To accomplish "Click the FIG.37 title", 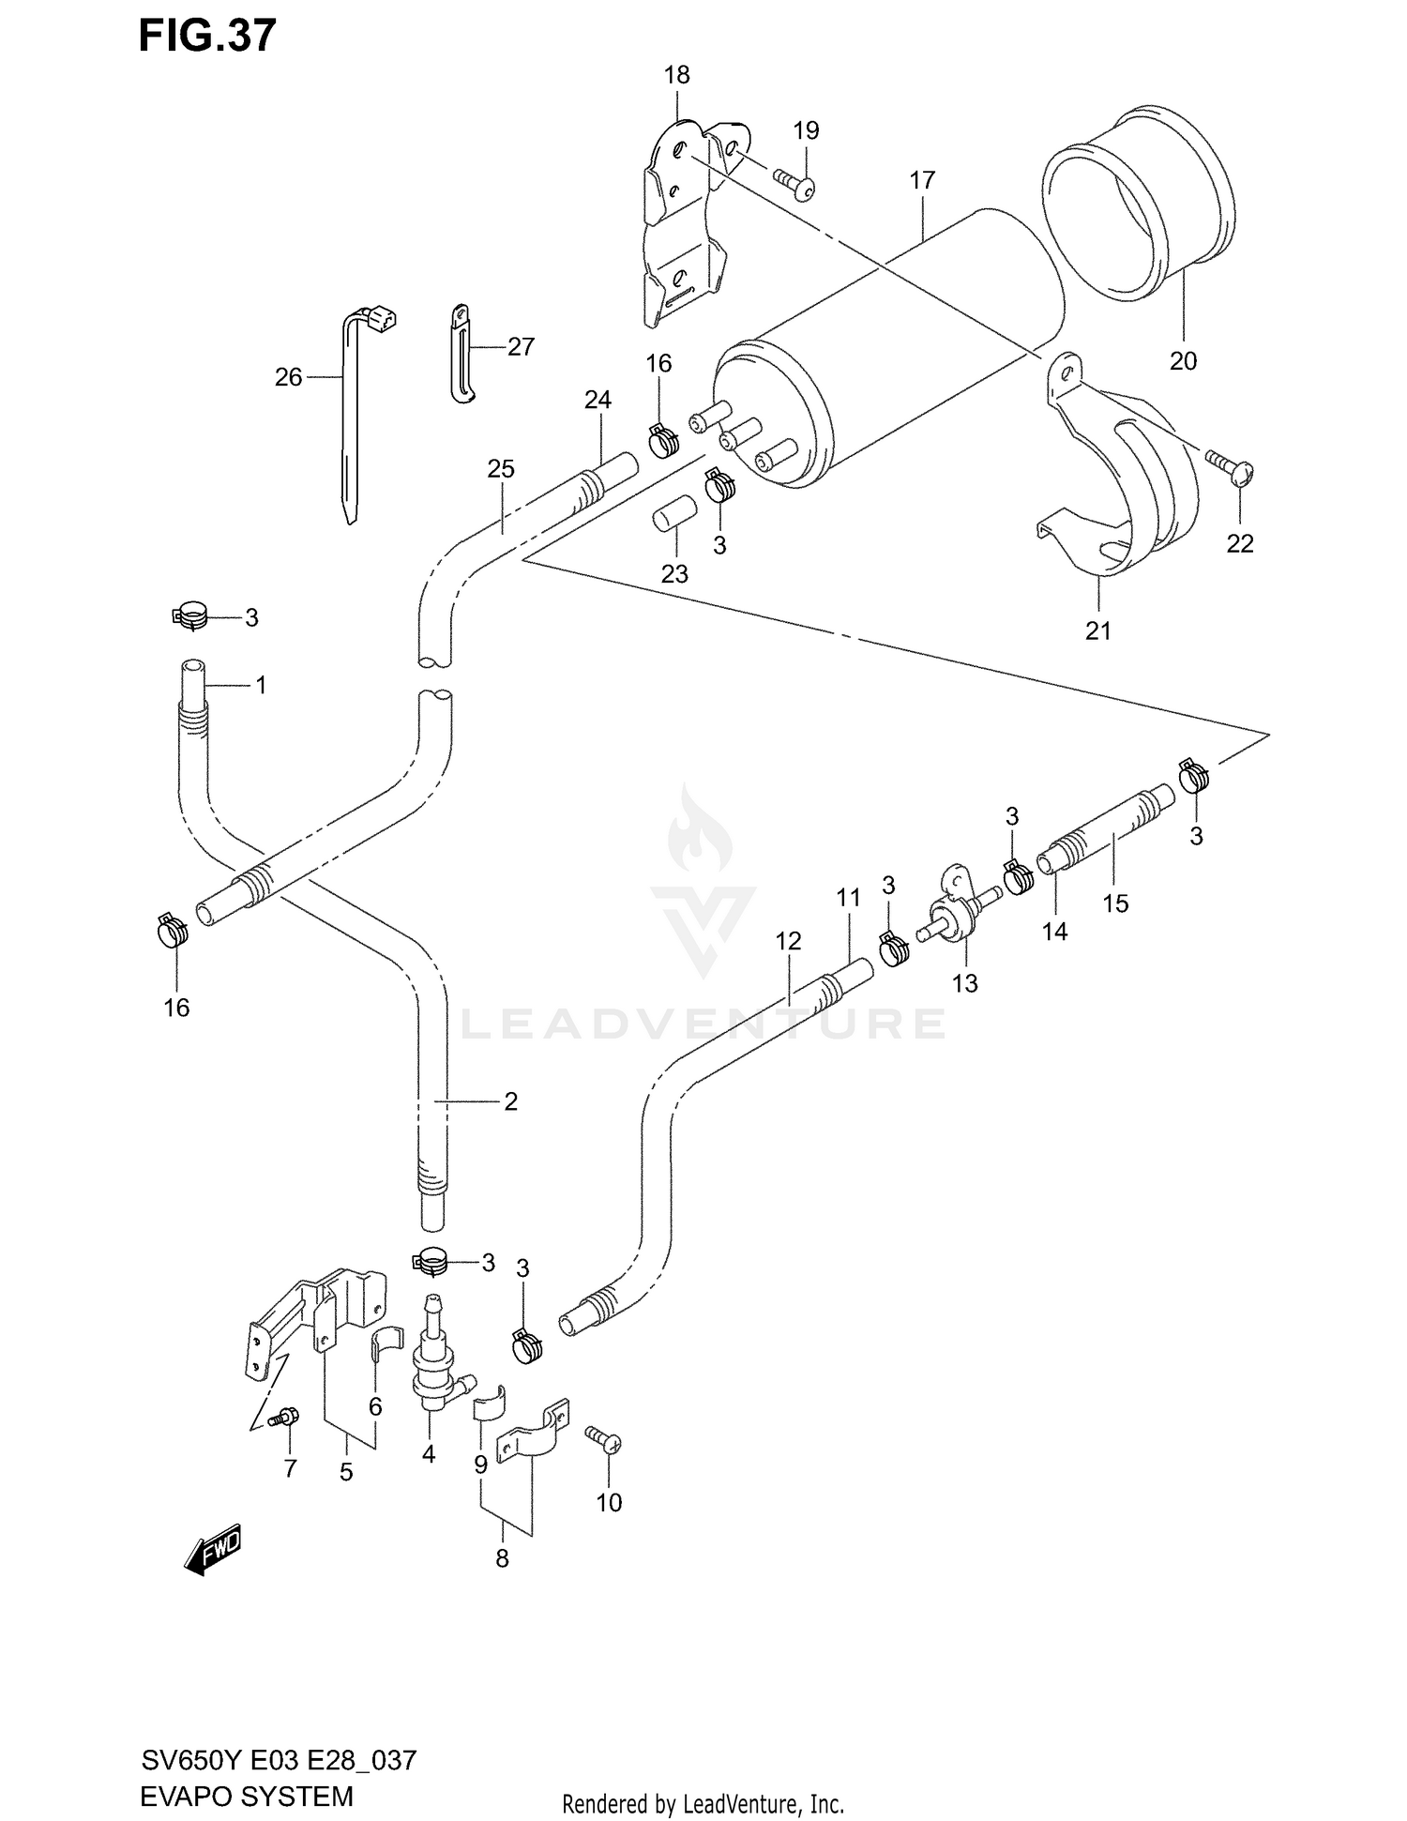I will [x=207, y=36].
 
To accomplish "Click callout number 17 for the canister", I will [x=922, y=179].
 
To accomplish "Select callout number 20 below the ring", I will [x=1183, y=360].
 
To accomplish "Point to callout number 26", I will [x=288, y=377].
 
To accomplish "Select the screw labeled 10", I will [x=602, y=1437].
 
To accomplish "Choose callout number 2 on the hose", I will [x=510, y=1101].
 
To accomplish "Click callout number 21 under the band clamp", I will [x=1097, y=630].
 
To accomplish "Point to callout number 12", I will [x=788, y=940].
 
